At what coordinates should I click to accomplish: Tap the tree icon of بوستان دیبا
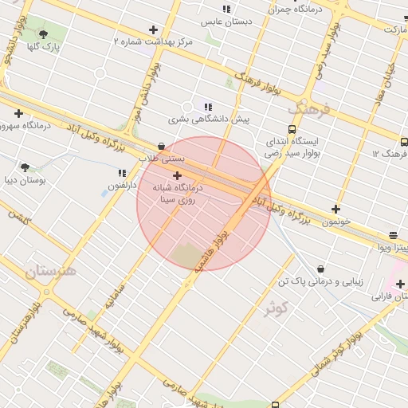coord(25,167)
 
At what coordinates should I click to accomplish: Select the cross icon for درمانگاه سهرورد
coord(18,113)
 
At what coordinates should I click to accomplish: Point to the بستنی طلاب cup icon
coord(162,147)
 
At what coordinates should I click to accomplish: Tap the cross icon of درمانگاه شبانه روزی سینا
coord(177,175)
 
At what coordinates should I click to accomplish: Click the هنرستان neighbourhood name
coord(49,271)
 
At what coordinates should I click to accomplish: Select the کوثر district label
coord(275,307)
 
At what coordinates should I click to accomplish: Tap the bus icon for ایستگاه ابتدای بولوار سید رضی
coord(292,128)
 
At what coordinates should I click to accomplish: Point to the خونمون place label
coord(336,222)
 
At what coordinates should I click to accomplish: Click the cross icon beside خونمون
coord(335,210)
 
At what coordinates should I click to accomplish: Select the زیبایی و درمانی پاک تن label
coord(320,282)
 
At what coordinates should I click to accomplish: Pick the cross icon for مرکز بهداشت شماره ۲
coord(153,29)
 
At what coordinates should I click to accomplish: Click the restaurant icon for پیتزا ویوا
coord(394,235)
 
